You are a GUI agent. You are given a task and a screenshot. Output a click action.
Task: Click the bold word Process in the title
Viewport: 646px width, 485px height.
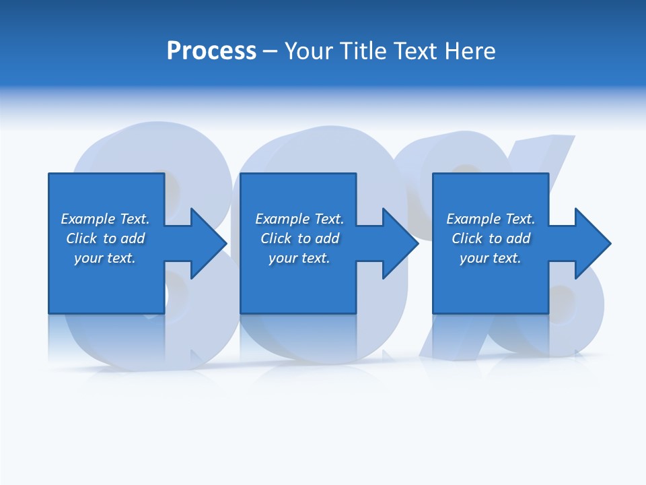tap(211, 51)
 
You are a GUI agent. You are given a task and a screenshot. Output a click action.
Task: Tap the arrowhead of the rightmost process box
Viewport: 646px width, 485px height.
tap(591, 243)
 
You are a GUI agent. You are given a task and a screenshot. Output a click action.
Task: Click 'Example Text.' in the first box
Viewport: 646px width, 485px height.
tap(105, 219)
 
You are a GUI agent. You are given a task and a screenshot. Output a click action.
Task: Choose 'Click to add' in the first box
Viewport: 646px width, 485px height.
tap(105, 238)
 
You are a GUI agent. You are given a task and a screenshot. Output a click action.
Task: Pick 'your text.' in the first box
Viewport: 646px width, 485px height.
tap(105, 258)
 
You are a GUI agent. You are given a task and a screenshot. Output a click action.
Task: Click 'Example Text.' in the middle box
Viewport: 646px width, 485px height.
tap(299, 219)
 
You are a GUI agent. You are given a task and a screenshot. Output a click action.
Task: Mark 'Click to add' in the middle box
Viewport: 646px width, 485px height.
tap(299, 238)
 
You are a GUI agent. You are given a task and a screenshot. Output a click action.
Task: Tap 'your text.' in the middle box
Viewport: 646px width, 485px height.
tap(299, 258)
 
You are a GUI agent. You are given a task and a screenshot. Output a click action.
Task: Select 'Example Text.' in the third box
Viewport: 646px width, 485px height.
tap(491, 219)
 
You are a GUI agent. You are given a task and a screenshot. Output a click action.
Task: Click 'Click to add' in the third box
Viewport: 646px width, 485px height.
tap(491, 238)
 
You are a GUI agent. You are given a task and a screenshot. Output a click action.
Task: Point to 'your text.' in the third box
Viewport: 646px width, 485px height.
tap(491, 258)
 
